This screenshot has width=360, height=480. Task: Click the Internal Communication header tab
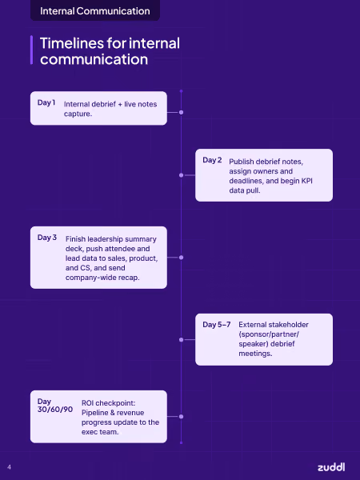click(95, 10)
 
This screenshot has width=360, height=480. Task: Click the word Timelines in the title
click(71, 43)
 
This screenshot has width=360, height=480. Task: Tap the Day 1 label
click(46, 102)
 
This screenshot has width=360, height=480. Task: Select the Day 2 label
click(212, 160)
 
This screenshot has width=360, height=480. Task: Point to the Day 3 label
click(47, 238)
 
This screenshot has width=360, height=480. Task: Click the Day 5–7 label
click(217, 325)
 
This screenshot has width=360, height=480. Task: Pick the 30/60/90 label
click(55, 410)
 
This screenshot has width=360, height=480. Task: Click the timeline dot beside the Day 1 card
click(182, 112)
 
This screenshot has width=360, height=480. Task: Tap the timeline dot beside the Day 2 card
click(182, 175)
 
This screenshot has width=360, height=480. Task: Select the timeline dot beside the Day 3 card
click(182, 258)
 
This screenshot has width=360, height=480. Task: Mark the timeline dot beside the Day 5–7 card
click(182, 339)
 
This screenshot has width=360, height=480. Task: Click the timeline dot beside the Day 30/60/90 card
click(182, 416)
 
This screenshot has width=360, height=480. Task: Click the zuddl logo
click(331, 467)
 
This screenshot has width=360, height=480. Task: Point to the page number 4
click(9, 467)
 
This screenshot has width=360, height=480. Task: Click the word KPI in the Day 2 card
click(306, 181)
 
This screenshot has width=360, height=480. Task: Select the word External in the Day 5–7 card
click(252, 325)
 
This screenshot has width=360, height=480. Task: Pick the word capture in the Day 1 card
click(77, 114)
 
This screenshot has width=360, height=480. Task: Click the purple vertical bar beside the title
click(31, 50)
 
